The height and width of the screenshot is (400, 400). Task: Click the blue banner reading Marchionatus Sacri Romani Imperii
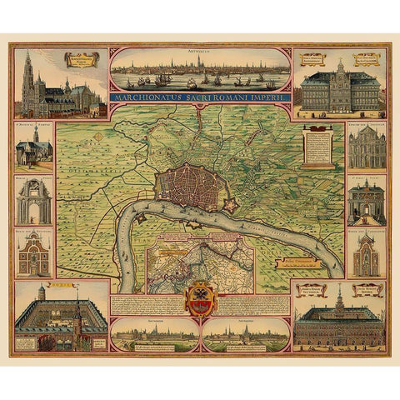coord(199,97)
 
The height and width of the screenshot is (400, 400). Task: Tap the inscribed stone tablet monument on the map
coord(318,150)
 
